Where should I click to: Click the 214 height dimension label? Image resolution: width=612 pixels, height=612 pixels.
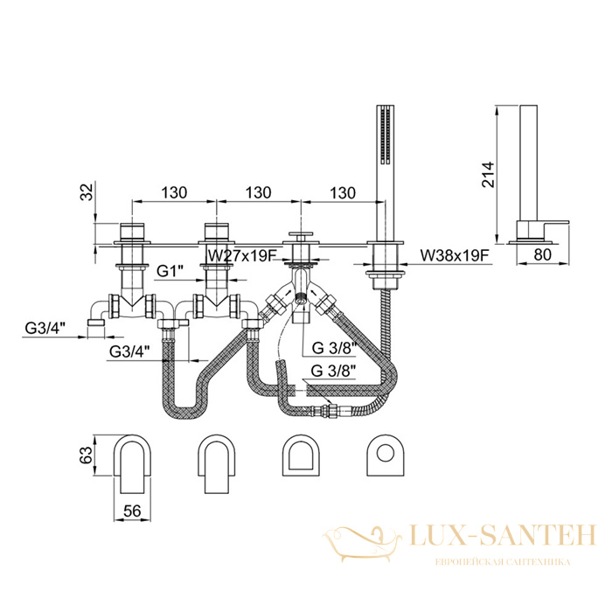click(488, 175)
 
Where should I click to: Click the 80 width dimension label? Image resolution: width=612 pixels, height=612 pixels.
click(543, 254)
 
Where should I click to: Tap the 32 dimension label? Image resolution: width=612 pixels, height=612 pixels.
click(87, 192)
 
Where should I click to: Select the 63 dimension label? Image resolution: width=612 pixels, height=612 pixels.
click(87, 455)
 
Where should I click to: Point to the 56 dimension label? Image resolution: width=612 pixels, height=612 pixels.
click(132, 511)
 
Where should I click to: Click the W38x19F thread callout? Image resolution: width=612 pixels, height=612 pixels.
click(455, 256)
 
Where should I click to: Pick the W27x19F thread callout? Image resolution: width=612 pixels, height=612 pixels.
click(242, 256)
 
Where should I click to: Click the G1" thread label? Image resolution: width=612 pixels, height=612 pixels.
click(170, 270)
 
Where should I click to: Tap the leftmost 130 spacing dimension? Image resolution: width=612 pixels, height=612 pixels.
click(174, 192)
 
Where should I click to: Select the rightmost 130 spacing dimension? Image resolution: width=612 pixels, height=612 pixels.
click(343, 192)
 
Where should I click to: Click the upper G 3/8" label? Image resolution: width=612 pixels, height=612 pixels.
click(335, 348)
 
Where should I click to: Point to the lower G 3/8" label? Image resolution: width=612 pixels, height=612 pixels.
click(334, 371)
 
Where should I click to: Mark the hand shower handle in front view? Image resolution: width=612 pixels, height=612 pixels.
click(385, 174)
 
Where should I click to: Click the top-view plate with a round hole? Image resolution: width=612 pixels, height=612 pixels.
click(385, 455)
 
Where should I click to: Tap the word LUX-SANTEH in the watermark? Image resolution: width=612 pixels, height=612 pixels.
click(503, 536)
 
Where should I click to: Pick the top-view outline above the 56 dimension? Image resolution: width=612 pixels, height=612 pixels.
click(132, 463)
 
